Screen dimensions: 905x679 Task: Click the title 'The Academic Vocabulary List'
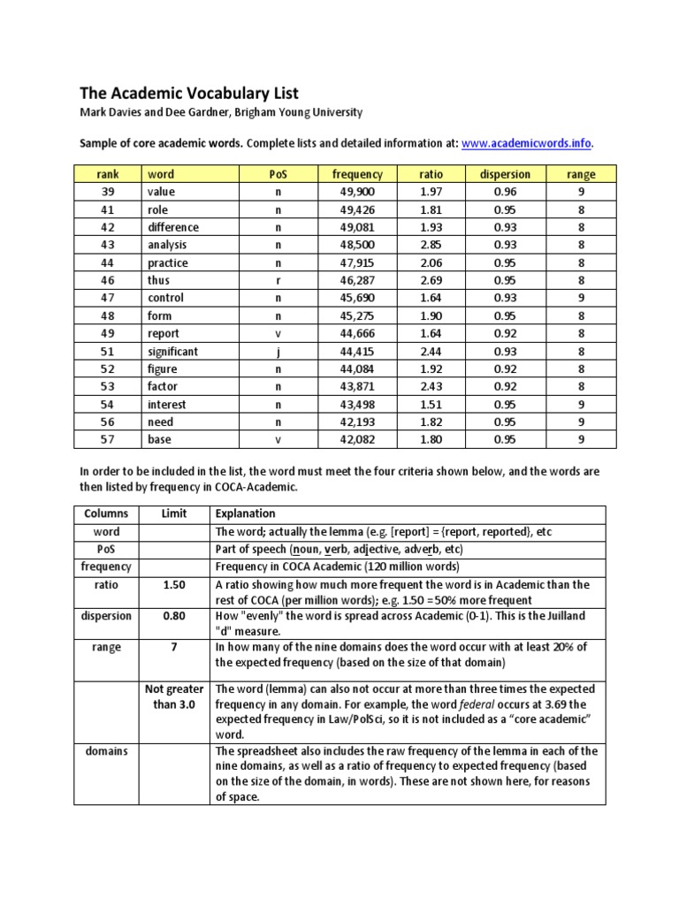189,93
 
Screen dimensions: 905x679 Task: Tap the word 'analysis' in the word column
167,245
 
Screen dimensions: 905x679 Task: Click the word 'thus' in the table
159,280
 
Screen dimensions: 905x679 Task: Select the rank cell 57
108,439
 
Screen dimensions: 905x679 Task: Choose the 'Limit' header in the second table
173,513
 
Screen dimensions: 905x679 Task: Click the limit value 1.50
173,585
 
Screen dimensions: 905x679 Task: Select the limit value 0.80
173,616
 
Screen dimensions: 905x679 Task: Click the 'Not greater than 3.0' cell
173,696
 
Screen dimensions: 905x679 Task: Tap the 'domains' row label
106,751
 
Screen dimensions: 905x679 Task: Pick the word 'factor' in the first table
163,386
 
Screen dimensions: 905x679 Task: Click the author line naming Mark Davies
221,113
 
